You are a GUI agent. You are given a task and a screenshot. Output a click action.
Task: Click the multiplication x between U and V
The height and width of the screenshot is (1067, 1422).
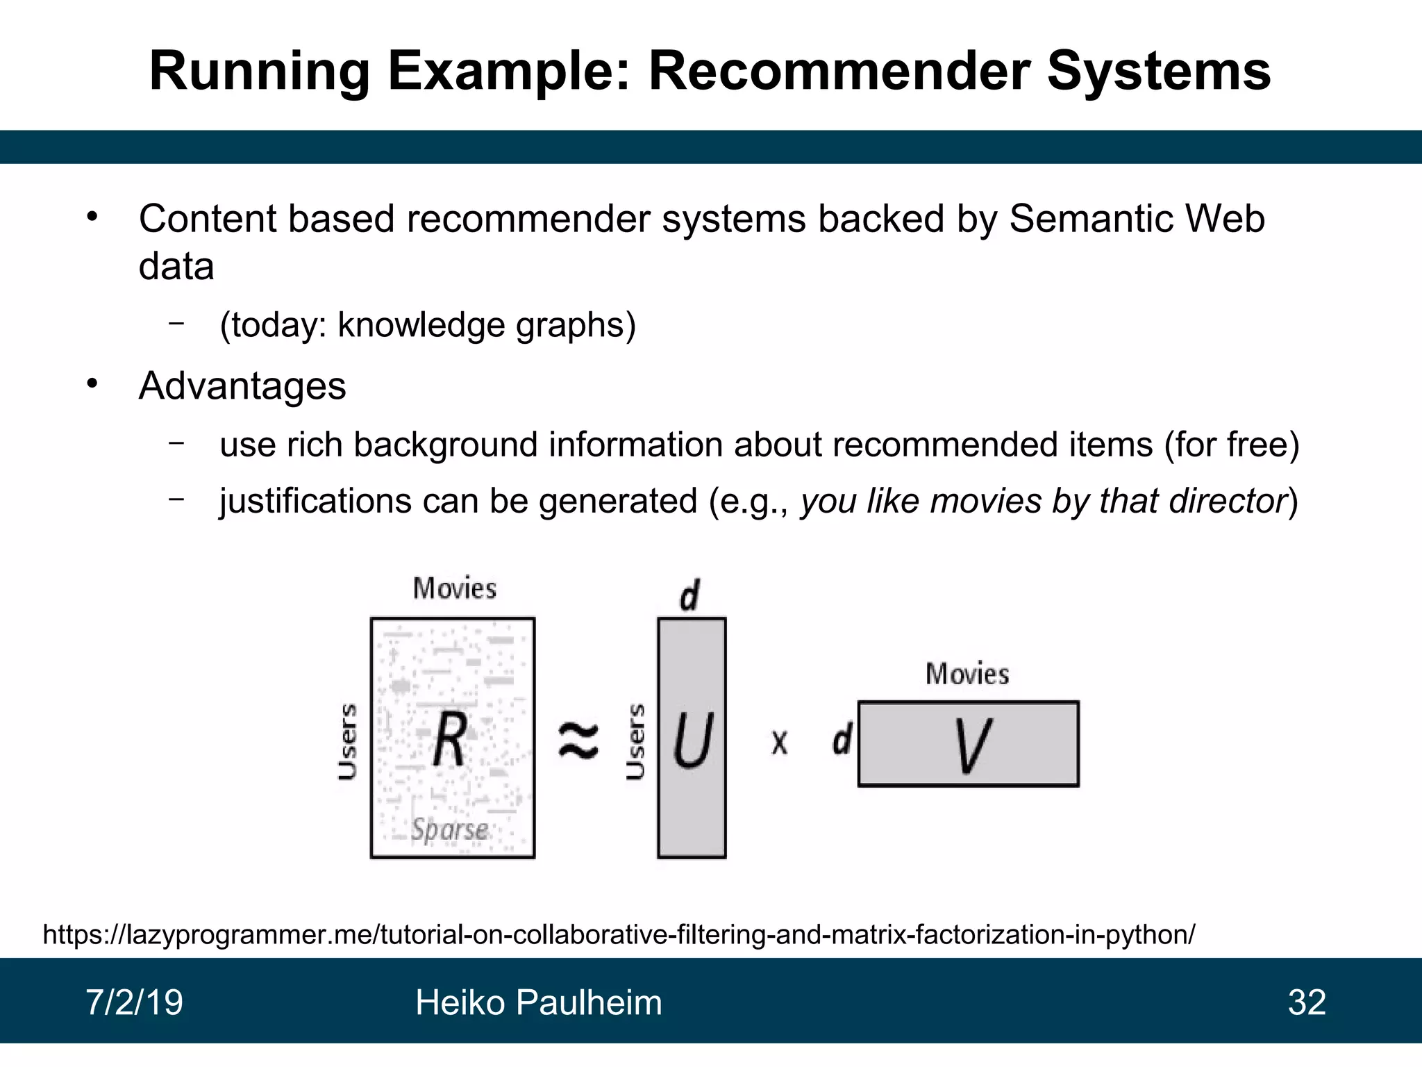(780, 742)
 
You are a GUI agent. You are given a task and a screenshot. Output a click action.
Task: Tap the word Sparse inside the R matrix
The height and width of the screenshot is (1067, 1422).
(449, 829)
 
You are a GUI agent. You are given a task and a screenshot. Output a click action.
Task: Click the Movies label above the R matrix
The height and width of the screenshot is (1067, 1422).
(455, 588)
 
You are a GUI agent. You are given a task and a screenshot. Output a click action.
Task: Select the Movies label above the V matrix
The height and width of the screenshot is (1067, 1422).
(967, 674)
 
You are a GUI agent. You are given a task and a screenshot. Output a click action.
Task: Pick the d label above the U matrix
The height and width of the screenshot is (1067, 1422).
(689, 595)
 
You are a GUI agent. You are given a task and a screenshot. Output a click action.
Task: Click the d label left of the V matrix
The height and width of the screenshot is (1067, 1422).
(842, 739)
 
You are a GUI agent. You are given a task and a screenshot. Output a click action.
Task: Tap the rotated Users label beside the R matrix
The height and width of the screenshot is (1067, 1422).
(347, 741)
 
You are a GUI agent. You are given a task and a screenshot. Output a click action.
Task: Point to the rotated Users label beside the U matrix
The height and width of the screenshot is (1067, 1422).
(635, 741)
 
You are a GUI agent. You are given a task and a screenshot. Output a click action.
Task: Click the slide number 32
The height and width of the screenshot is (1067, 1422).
(1307, 1002)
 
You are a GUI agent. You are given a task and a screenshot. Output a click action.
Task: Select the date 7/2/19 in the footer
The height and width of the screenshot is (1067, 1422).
(134, 1002)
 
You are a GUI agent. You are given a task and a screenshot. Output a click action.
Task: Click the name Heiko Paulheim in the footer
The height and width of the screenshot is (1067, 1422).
(538, 1002)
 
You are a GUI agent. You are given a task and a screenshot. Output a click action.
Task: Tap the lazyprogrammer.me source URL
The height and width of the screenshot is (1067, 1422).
(619, 934)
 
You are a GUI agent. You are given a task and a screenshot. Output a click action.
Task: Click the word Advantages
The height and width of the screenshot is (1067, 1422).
(242, 386)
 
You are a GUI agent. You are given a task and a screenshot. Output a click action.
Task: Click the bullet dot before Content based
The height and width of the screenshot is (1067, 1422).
(92, 217)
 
